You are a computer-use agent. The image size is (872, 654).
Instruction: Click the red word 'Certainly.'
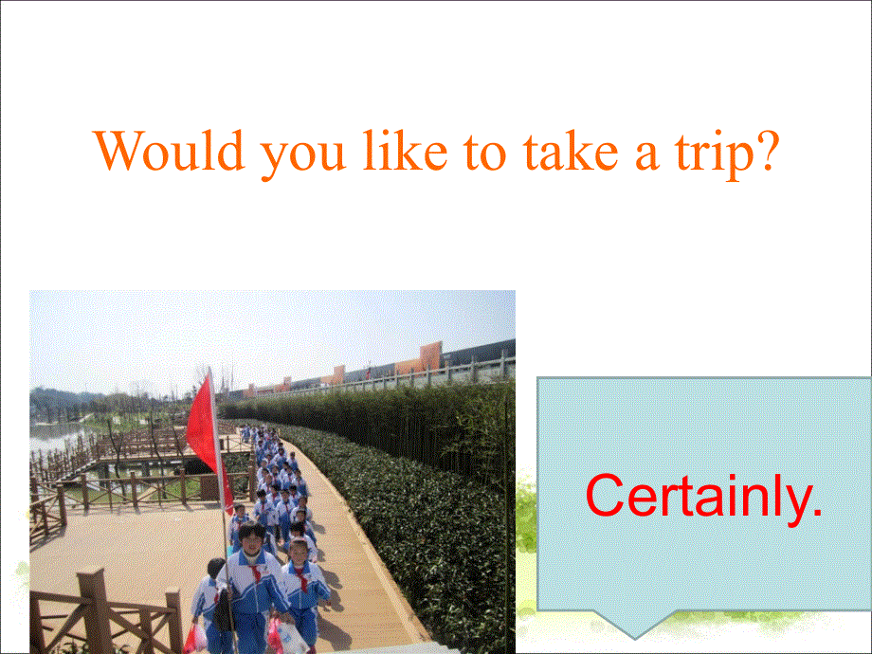(703, 496)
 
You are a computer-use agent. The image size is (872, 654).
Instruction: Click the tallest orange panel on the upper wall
(430, 355)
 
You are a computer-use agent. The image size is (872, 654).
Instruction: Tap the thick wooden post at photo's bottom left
(92, 611)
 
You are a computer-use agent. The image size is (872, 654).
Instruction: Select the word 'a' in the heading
(620, 156)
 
